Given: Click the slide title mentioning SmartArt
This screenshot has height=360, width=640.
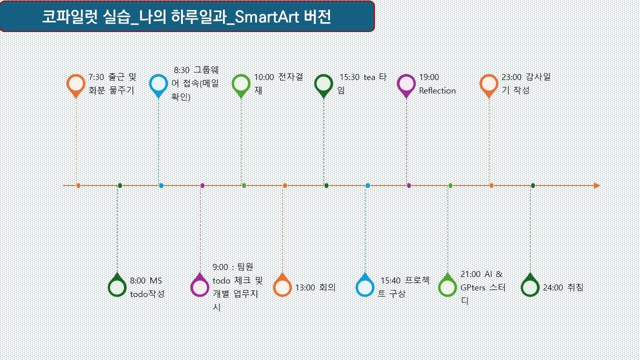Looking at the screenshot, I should tap(186, 17).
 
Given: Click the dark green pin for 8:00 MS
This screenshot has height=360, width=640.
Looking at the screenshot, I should tap(117, 286).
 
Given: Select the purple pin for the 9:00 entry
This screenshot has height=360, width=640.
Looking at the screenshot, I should tap(199, 286).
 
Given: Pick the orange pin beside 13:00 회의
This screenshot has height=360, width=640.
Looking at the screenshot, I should tap(282, 286).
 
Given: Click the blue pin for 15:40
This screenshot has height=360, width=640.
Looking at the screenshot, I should tap(364, 286).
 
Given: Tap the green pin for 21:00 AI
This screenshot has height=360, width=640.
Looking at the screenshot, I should tap(447, 286).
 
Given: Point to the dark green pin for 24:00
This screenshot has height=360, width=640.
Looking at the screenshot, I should tap(530, 286).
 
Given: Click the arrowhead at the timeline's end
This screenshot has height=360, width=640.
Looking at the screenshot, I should tap(596, 185).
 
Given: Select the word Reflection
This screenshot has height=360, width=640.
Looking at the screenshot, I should tap(437, 91).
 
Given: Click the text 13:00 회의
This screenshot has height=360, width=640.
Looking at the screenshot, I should tap(315, 287).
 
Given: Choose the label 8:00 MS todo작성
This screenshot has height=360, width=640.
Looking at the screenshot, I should tap(147, 287).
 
